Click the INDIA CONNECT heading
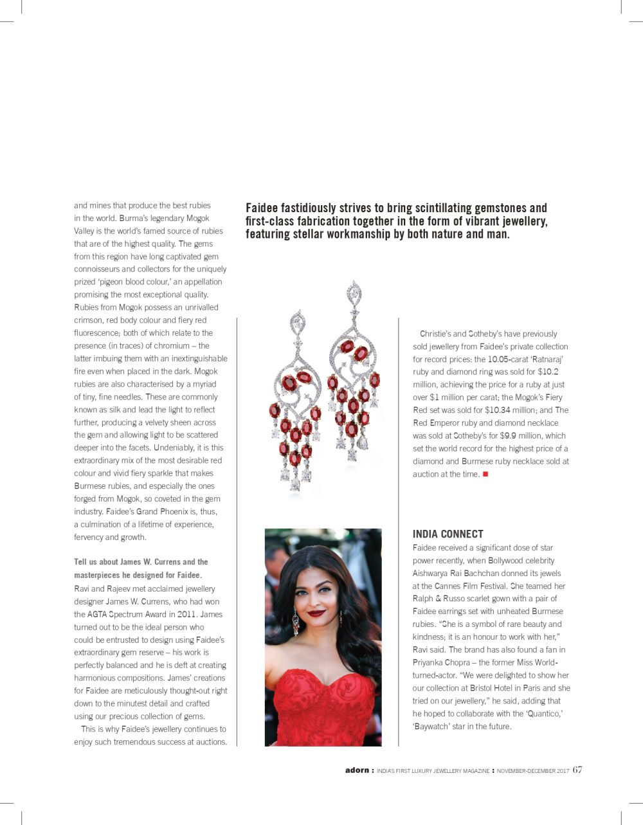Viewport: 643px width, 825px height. coord(448,534)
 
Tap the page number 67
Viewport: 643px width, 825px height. coord(577,770)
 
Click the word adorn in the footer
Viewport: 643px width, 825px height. coord(357,770)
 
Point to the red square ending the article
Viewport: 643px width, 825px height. coord(485,474)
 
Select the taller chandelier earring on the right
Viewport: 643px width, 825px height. coord(353,373)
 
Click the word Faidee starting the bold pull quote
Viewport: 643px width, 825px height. coord(264,208)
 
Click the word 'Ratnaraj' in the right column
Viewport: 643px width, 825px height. coord(546,359)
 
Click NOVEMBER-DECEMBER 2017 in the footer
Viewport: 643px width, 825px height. coord(533,770)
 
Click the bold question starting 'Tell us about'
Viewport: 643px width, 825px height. coord(141,568)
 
